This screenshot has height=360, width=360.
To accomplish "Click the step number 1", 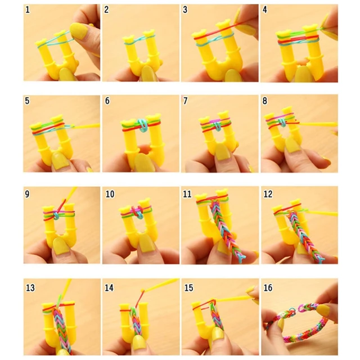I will [28, 10].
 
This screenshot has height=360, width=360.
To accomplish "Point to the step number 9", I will [28, 193].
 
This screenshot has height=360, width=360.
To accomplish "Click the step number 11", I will [187, 193].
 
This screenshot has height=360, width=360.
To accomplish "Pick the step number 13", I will [30, 287].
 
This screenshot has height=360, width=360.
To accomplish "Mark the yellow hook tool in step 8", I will [318, 124].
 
